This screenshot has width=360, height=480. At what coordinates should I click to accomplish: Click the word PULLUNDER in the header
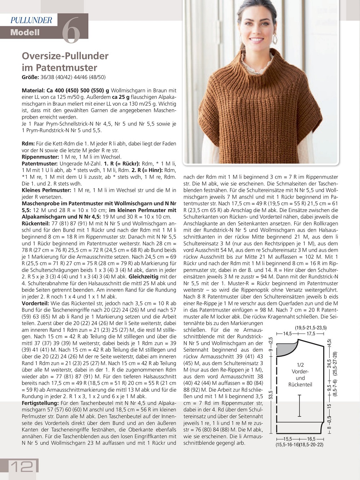click(x=31, y=20)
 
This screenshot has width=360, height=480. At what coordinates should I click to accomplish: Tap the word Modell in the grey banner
click(x=25, y=32)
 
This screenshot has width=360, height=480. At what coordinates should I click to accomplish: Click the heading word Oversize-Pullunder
click(x=65, y=56)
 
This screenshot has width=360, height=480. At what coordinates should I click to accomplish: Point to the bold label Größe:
click(x=30, y=77)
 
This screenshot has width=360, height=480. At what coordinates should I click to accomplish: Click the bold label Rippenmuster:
click(x=40, y=157)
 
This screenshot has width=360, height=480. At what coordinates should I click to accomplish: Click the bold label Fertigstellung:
click(x=40, y=403)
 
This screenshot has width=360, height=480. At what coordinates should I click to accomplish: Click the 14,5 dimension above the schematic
click(x=288, y=334)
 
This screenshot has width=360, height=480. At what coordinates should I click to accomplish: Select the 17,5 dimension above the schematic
click(x=311, y=334)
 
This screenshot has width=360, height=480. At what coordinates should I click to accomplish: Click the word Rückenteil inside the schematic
click(x=300, y=384)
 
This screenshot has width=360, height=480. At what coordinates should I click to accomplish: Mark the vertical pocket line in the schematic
click(x=300, y=406)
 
